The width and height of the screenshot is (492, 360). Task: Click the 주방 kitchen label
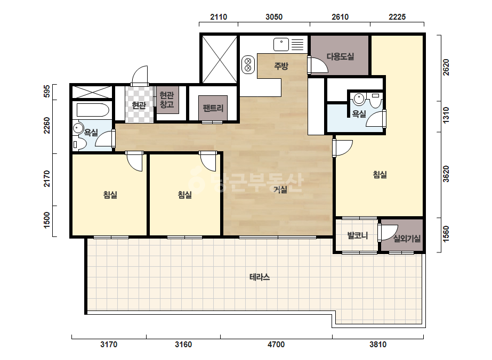281,66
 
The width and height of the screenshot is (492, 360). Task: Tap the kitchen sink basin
281,44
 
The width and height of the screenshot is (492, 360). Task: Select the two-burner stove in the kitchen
248,64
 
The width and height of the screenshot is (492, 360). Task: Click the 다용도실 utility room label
340,56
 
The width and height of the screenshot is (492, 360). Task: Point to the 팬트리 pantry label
213,108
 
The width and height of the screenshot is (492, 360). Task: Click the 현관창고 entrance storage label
167,100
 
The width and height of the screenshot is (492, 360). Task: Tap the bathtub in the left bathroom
93,110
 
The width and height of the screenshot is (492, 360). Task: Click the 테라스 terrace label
260,277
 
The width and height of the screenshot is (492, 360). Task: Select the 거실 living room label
280,189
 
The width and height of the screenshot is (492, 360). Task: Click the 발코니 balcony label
358,235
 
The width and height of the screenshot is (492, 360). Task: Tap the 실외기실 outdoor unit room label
407,239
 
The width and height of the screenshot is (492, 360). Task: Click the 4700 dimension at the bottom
276,345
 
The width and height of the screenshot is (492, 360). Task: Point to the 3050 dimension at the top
274,17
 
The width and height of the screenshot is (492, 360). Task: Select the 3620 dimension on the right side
446,174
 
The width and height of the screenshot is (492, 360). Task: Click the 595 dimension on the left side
47,91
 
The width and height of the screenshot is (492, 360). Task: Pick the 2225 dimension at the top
397,17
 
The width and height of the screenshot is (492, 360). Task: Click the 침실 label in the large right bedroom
380,174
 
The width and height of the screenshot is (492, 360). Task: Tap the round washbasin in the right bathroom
359,99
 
